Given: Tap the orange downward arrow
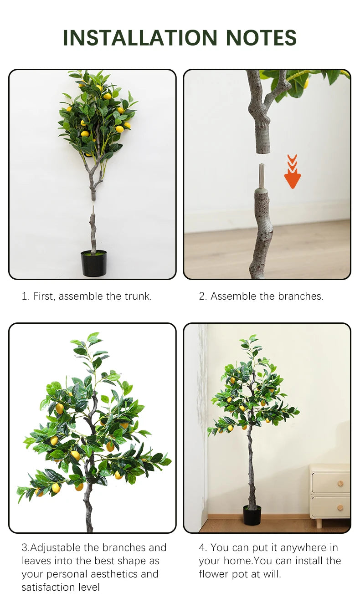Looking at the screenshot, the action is [x=293, y=172].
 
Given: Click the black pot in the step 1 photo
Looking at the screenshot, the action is [x=93, y=263].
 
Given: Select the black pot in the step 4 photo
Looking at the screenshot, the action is [x=252, y=515].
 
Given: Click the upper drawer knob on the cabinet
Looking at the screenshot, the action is [x=340, y=483].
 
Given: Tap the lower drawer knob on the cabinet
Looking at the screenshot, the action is [x=340, y=508].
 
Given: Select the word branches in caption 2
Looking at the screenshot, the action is [x=301, y=296].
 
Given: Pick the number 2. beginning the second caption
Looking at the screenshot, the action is [x=203, y=296].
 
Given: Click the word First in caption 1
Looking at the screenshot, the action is [x=44, y=296].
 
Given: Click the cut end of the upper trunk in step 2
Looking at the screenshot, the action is [x=263, y=151].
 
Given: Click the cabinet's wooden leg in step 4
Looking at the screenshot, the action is [x=319, y=522].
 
